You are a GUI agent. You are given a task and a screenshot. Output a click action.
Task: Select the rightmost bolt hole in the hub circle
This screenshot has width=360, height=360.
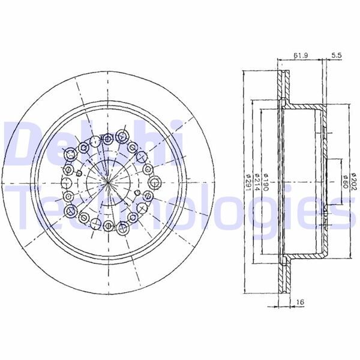[155, 182]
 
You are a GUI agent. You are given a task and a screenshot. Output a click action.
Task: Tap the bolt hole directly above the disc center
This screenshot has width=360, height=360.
[108, 139]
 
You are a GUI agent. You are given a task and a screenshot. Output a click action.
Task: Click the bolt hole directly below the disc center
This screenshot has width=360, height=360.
[108, 226]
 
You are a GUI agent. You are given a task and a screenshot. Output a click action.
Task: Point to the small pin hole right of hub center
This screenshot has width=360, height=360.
[138, 193]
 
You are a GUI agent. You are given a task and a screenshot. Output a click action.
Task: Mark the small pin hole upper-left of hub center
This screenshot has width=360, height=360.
[78, 172]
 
